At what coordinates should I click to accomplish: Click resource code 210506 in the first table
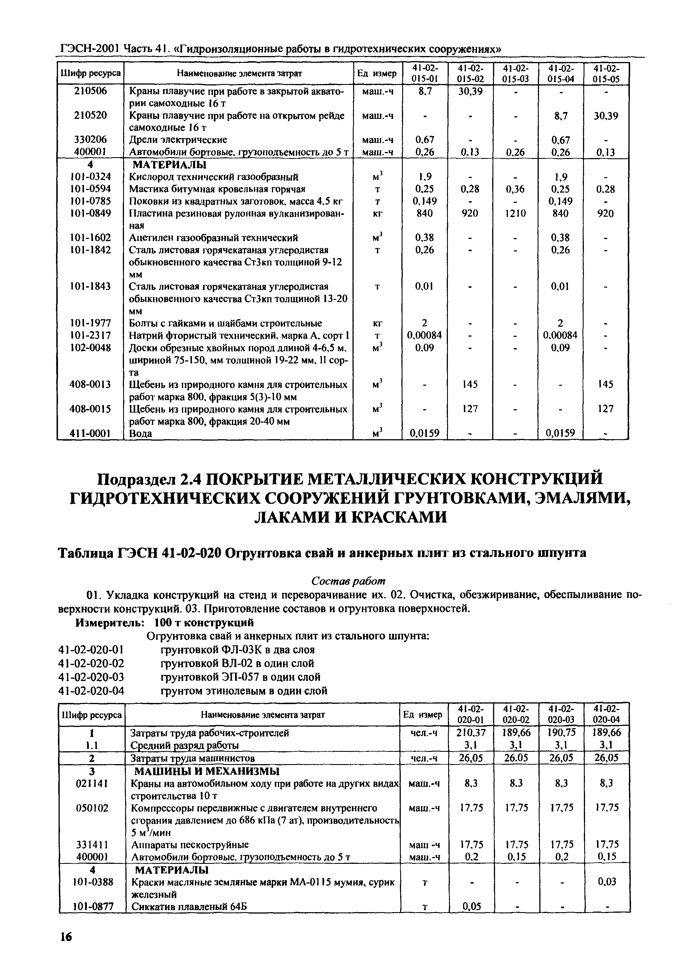point(90,91)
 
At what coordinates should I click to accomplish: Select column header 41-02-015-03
point(515,73)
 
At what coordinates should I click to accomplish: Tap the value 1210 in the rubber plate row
point(515,213)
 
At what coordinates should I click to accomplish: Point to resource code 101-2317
point(90,335)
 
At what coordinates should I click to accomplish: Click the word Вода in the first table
point(141,433)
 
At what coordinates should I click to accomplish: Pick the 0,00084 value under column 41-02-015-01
point(424,335)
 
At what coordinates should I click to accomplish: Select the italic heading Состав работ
point(348,580)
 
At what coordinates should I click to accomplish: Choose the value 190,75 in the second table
point(561,732)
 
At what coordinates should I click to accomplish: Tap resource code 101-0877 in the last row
point(92,906)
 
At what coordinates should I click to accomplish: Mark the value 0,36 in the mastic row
point(515,189)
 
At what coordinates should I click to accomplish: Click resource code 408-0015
point(90,409)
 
